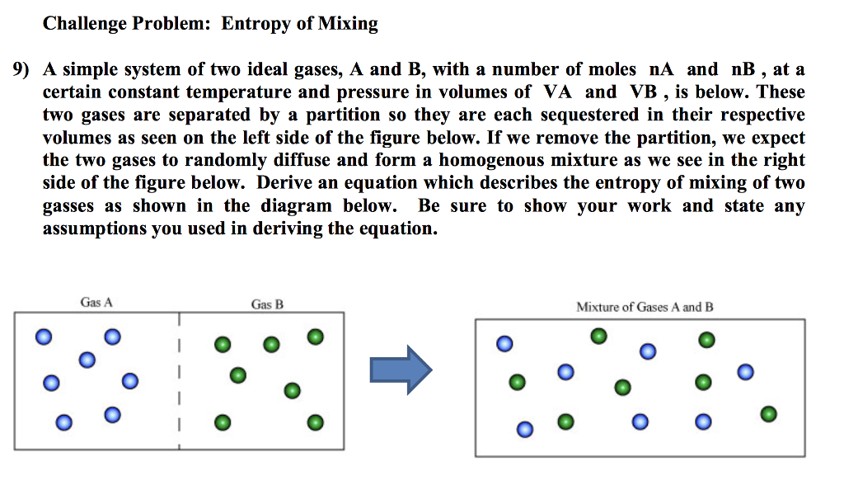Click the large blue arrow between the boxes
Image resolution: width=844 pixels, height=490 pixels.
click(401, 369)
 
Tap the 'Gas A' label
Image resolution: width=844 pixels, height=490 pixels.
click(96, 303)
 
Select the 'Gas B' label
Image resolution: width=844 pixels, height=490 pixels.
click(267, 304)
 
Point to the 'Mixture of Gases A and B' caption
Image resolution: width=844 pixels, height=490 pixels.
click(645, 307)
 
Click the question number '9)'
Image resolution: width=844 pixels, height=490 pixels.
click(21, 70)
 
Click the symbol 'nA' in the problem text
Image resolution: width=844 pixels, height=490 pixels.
click(663, 70)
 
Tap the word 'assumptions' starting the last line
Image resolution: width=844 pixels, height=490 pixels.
click(94, 229)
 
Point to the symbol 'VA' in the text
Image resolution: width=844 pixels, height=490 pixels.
click(558, 92)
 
